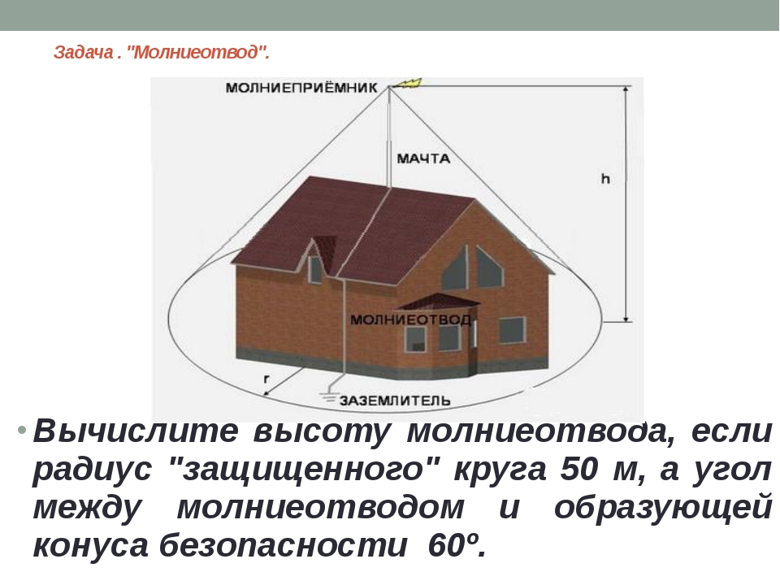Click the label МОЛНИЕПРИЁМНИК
click(301, 88)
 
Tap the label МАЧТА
click(423, 158)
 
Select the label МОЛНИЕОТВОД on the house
click(410, 319)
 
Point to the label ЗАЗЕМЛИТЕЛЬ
click(395, 401)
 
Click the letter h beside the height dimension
click(605, 179)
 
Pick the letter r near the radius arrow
click(266, 379)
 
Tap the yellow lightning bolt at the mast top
click(411, 83)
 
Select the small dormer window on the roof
click(315, 270)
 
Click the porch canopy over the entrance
click(438, 301)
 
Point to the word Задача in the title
click(84, 52)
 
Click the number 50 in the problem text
click(578, 469)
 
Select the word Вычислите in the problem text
click(136, 431)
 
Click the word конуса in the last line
click(90, 545)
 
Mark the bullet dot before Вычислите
click(21, 430)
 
